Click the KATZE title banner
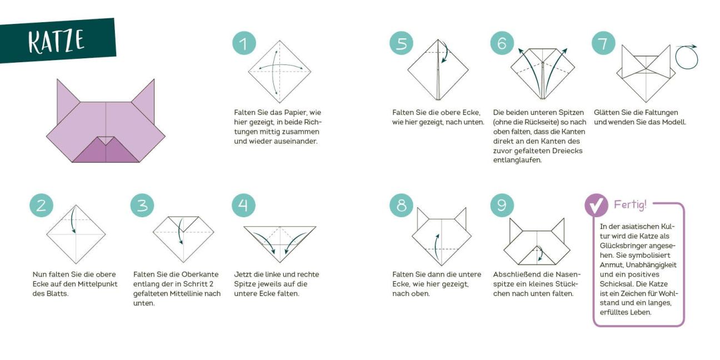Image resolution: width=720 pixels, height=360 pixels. click(x=57, y=41)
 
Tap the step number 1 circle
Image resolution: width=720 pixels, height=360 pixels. click(x=244, y=43)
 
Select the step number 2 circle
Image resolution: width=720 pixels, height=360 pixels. click(x=42, y=206)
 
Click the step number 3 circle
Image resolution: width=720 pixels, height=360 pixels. click(x=142, y=206)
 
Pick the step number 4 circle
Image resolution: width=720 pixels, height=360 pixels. click(x=244, y=206)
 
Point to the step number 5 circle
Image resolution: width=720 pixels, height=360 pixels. click(x=402, y=43)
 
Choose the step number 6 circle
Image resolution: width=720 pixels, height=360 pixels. click(x=502, y=43)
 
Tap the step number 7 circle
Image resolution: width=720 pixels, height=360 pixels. click(x=604, y=43)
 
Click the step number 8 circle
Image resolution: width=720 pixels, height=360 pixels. click(x=402, y=206)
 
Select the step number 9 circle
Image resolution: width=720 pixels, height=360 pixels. click(x=502, y=206)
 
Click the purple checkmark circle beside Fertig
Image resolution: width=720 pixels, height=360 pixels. click(x=596, y=205)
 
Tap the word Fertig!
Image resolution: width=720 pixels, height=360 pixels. click(x=630, y=204)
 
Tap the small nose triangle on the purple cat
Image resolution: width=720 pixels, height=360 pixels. click(x=106, y=140)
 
